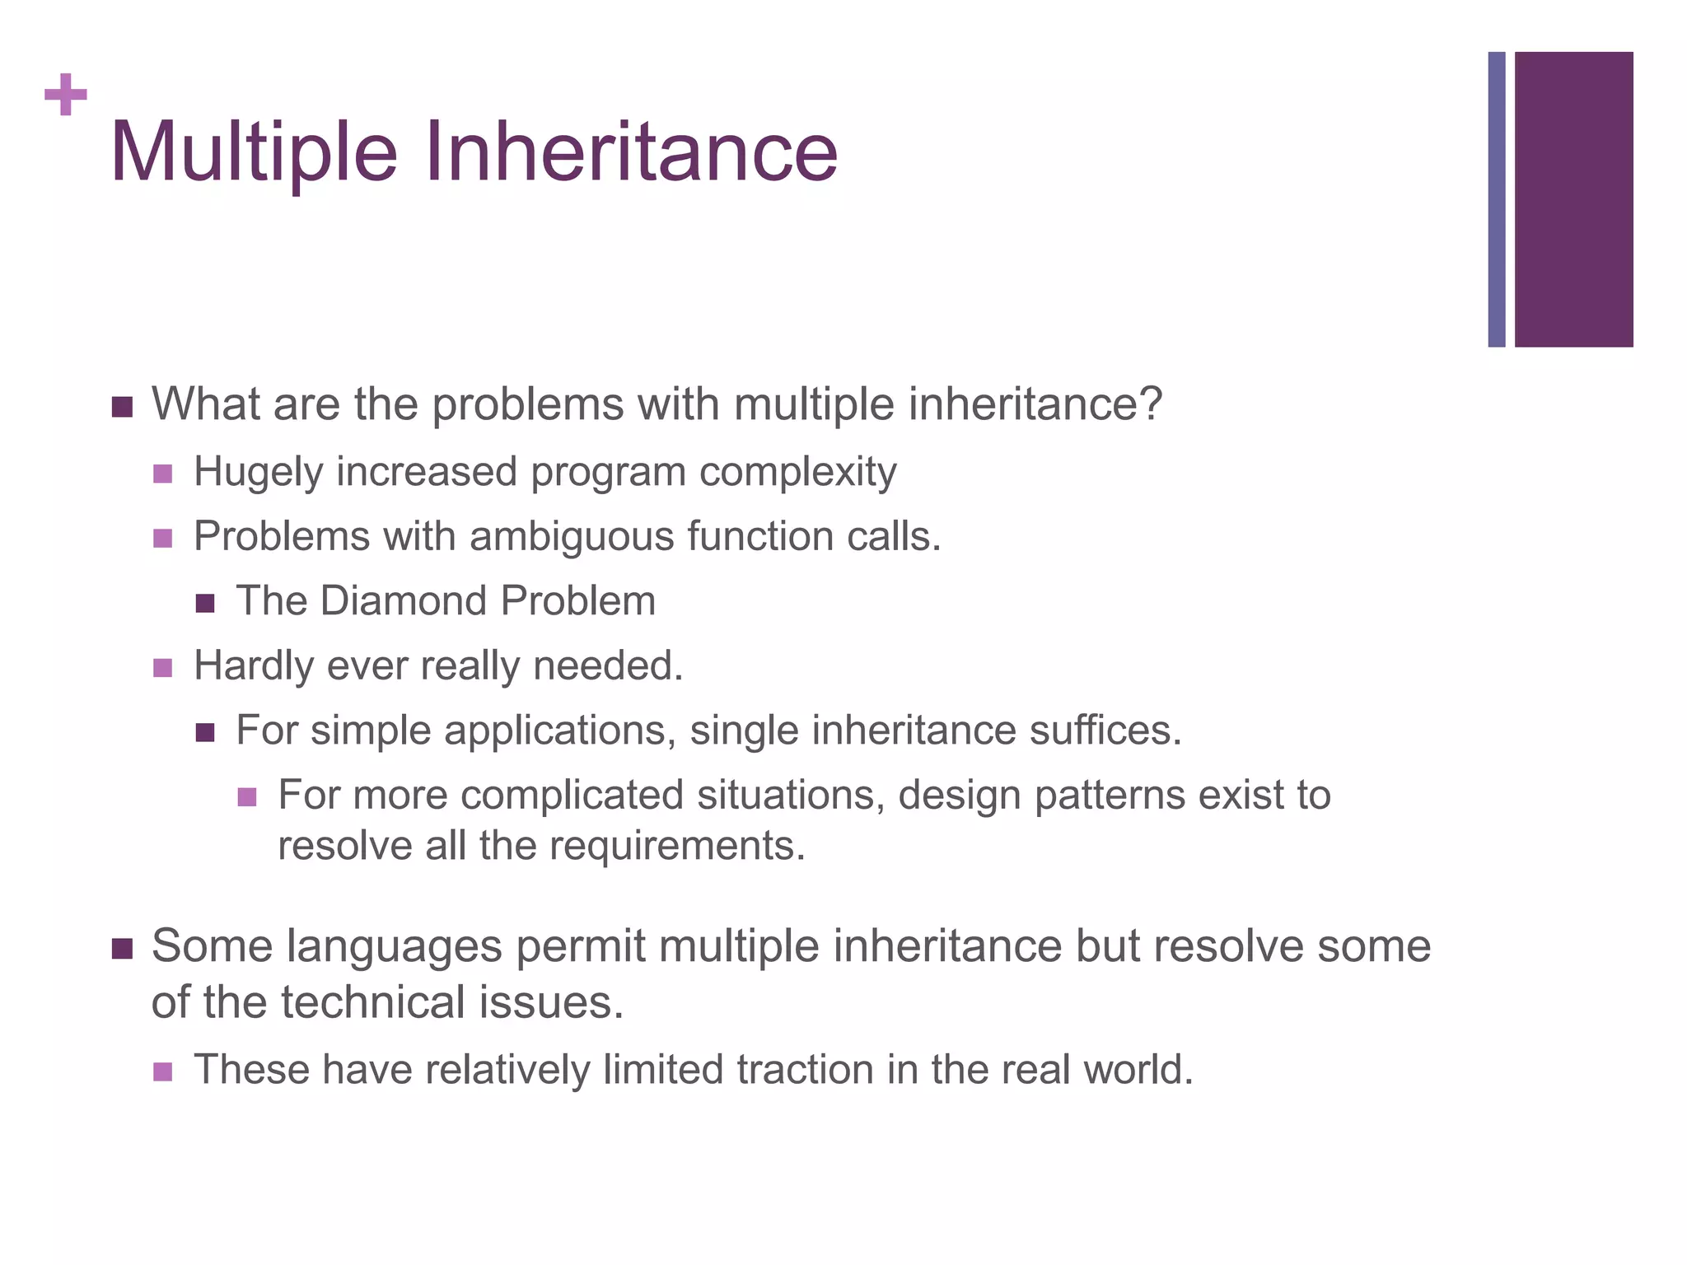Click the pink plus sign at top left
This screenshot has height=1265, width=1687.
(66, 95)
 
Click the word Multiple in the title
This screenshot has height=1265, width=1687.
(253, 152)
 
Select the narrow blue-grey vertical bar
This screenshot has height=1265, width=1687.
(1497, 199)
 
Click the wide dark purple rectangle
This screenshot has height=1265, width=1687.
(1573, 199)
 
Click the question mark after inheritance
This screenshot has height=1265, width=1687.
(1151, 404)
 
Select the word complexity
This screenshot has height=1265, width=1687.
(797, 473)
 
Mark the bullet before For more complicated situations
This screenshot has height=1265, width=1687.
(247, 797)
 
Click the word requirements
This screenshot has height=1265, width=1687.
(676, 846)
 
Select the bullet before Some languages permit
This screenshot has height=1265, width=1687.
(121, 949)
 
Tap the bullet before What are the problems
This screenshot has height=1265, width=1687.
(121, 407)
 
